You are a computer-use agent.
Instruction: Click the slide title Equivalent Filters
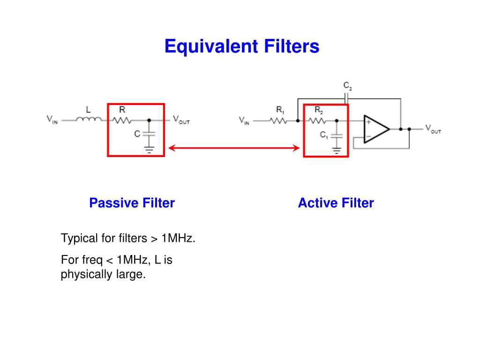[x=241, y=46]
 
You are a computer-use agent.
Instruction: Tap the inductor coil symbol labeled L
[x=89, y=120]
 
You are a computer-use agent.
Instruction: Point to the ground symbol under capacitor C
[x=149, y=150]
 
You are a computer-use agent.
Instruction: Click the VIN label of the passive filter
[x=52, y=120]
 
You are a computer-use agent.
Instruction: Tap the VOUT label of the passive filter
[x=181, y=120]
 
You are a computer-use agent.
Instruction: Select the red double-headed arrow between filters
[x=234, y=148]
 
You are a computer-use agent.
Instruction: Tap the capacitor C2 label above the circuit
[x=347, y=86]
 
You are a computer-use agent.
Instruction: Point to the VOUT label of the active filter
[x=433, y=129]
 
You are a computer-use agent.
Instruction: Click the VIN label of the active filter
[x=244, y=120]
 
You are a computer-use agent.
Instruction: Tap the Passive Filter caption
[x=132, y=203]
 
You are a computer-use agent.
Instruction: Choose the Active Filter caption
[x=336, y=203]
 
